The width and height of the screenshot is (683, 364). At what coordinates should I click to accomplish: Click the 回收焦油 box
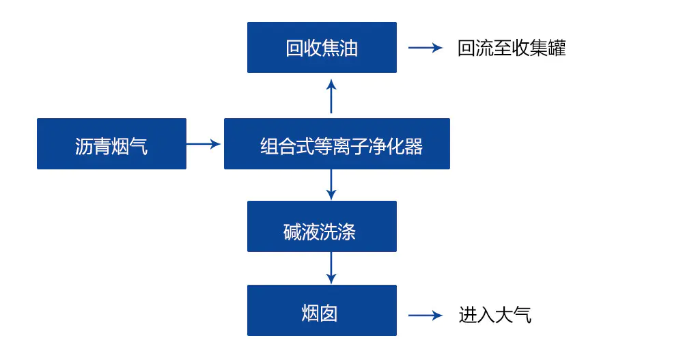click(x=322, y=48)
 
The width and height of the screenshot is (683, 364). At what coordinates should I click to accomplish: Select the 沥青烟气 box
click(x=111, y=144)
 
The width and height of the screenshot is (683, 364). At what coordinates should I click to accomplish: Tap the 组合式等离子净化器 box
click(x=337, y=144)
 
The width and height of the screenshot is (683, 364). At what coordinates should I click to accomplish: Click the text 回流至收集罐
click(x=512, y=48)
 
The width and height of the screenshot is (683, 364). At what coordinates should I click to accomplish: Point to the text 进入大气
click(x=494, y=315)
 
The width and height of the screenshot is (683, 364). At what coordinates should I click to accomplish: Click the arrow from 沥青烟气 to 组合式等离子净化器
click(x=204, y=144)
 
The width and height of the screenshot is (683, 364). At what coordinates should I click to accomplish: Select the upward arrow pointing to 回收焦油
click(x=331, y=96)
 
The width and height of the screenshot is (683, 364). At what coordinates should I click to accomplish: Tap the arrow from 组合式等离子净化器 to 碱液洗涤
click(x=331, y=184)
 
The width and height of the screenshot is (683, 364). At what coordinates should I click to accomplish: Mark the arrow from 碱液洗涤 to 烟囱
click(x=331, y=268)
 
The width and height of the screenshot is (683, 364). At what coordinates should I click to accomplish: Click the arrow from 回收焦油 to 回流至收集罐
click(x=425, y=48)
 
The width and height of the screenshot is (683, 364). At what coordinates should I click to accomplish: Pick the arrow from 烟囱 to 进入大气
click(x=425, y=315)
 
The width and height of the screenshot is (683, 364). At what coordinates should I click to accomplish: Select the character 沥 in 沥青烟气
click(x=84, y=145)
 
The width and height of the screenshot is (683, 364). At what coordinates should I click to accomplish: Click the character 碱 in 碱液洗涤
click(x=292, y=232)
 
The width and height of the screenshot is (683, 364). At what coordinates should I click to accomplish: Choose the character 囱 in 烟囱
click(x=329, y=313)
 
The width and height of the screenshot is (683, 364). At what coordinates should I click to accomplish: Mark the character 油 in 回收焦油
click(x=349, y=48)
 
